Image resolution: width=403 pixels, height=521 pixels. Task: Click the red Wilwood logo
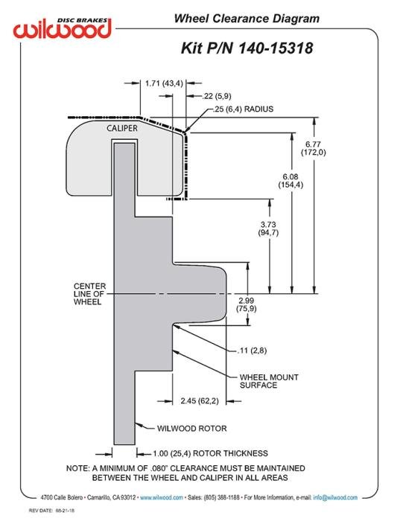[62, 28]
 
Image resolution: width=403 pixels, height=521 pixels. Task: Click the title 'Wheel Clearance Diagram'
[247, 19]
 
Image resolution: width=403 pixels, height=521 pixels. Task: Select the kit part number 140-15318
[276, 48]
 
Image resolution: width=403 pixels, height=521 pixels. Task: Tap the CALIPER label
[122, 128]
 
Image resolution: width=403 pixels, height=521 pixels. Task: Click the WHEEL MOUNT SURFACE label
[269, 381]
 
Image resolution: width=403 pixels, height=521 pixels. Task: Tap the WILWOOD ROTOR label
[192, 428]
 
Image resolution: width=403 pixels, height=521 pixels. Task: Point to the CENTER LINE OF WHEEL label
[89, 294]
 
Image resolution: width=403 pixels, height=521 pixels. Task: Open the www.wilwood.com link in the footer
[162, 497]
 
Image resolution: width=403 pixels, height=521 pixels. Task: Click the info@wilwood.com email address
[335, 497]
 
